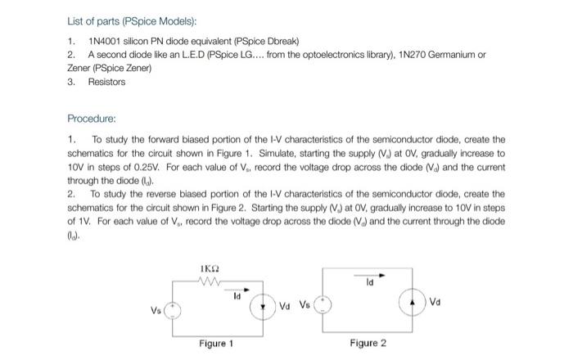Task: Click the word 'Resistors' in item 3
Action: (x=106, y=82)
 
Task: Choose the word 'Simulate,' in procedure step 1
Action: (x=344, y=152)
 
